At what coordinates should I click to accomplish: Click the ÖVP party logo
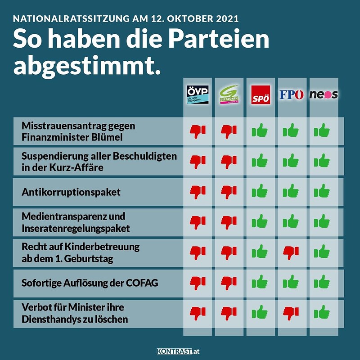coord(198,94)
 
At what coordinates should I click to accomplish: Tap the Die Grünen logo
coord(229,94)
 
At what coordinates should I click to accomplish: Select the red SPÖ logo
coord(261,94)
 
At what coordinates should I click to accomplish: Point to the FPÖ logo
coord(292,94)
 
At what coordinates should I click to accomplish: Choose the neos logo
coord(324,94)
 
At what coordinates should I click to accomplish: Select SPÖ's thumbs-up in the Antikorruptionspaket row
coord(260,191)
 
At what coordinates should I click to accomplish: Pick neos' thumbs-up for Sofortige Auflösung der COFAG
coord(322,282)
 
